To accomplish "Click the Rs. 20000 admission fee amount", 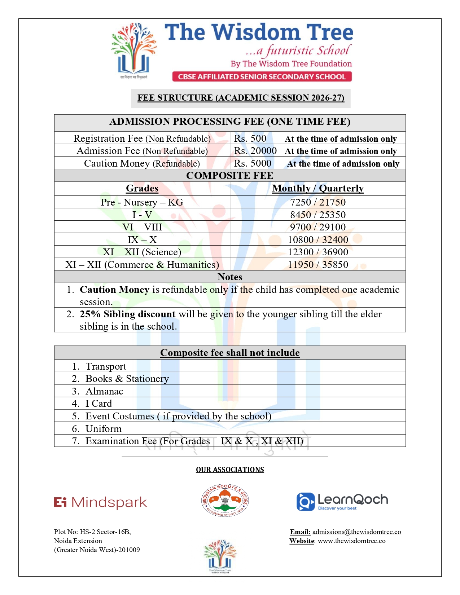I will pyautogui.click(x=255, y=151).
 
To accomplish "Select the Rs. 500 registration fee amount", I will pyautogui.click(x=250, y=138).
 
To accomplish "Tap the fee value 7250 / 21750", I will pyautogui.click(x=318, y=202).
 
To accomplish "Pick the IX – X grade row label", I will pyautogui.click(x=142, y=240).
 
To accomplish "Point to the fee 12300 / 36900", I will pyautogui.click(x=318, y=252).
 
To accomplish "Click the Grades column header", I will pyautogui.click(x=142, y=188).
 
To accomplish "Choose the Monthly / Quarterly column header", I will pyautogui.click(x=318, y=188).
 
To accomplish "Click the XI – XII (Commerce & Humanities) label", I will pyautogui.click(x=142, y=265).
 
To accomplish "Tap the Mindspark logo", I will pyautogui.click(x=101, y=502).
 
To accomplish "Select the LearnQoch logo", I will pyautogui.click(x=342, y=502).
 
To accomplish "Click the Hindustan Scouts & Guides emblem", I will pyautogui.click(x=225, y=500).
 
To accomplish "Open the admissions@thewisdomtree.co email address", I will pyautogui.click(x=356, y=532).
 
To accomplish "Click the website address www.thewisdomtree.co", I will pyautogui.click(x=351, y=541).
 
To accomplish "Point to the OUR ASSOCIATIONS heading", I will pyautogui.click(x=230, y=470).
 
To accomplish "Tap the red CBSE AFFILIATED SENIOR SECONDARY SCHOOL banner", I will pyautogui.click(x=262, y=76).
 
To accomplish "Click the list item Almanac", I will pyautogui.click(x=104, y=391).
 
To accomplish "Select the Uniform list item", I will pyautogui.click(x=104, y=429).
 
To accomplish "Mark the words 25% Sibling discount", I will pyautogui.click(x=127, y=314).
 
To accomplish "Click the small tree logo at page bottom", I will pyautogui.click(x=220, y=556).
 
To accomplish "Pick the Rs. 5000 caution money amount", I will pyautogui.click(x=253, y=163).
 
